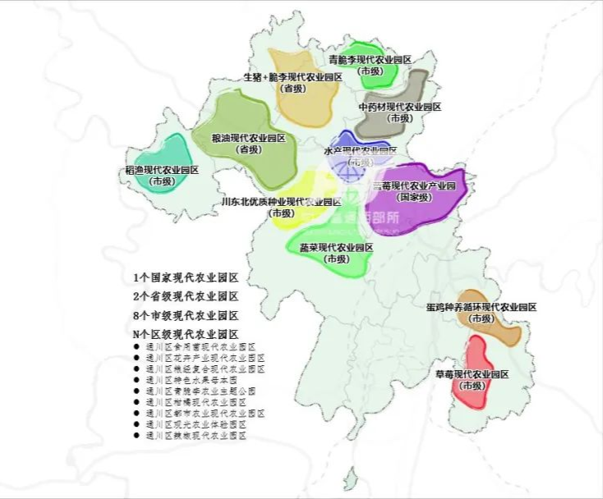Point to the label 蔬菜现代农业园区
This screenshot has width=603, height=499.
click(336, 247)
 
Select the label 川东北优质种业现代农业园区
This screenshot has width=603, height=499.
click(282, 202)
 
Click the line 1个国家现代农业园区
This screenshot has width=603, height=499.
click(186, 277)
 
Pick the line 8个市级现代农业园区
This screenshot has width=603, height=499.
click(186, 315)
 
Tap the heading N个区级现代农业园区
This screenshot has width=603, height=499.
click(186, 334)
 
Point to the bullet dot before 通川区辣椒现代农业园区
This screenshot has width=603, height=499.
click(136, 437)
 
